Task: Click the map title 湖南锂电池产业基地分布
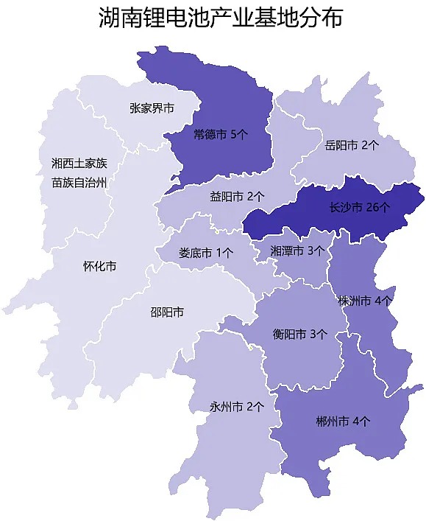coord(220,19)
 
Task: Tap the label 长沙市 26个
coord(359,208)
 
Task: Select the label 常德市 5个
coord(221,135)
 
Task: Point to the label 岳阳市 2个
coord(352,145)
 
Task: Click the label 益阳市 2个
coord(237,196)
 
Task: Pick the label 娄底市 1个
coord(206,251)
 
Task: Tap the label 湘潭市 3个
coord(297,251)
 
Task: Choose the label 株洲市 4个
coord(364,301)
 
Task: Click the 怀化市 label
coord(99,266)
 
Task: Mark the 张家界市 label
coord(152,108)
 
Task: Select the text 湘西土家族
coord(79,162)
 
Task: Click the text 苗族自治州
coord(79,182)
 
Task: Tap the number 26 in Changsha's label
coord(373,208)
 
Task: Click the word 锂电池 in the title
coord(170,19)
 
